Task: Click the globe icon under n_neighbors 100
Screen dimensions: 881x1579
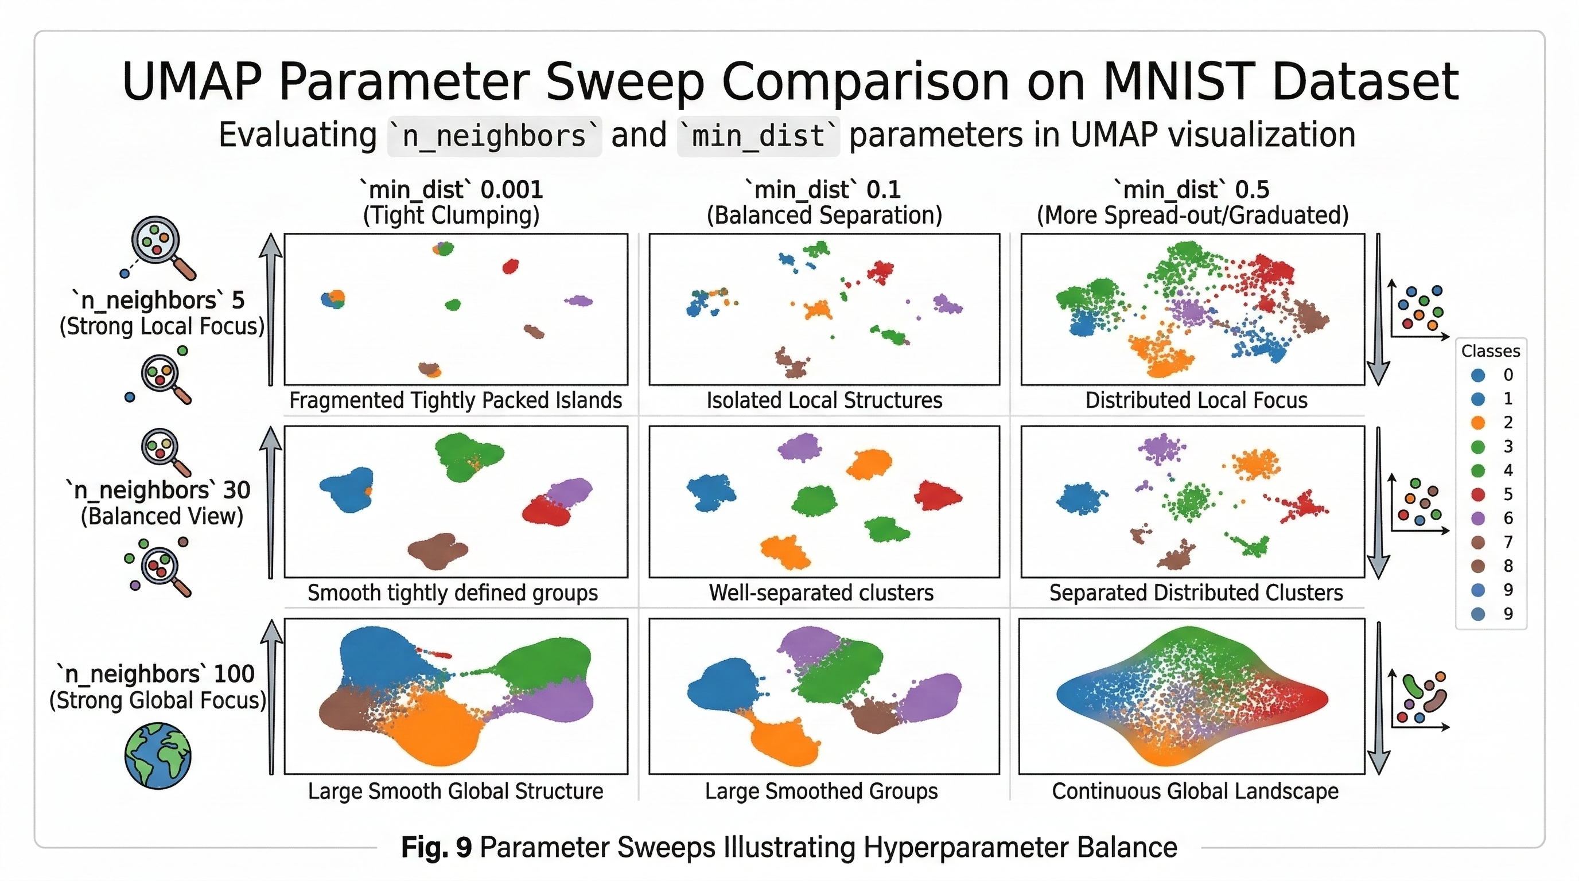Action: point(158,755)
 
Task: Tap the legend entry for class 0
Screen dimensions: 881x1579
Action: point(1491,375)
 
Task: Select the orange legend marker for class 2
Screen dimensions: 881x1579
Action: point(1478,422)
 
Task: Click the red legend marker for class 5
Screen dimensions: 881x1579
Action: point(1478,494)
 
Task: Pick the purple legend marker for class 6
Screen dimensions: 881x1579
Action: point(1478,518)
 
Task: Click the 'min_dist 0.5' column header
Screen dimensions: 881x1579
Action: point(1192,190)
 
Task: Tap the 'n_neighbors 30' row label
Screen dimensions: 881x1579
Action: point(158,490)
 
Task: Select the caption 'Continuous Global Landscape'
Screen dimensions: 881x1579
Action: point(1195,791)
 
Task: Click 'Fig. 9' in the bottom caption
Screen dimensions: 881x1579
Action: point(436,847)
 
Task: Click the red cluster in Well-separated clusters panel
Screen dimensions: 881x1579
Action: point(936,496)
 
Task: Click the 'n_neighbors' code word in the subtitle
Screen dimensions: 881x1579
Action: point(494,136)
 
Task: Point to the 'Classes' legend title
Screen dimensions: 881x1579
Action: point(1490,351)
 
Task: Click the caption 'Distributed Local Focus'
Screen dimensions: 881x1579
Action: point(1195,400)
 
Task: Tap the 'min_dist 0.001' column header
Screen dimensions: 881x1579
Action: point(451,190)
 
